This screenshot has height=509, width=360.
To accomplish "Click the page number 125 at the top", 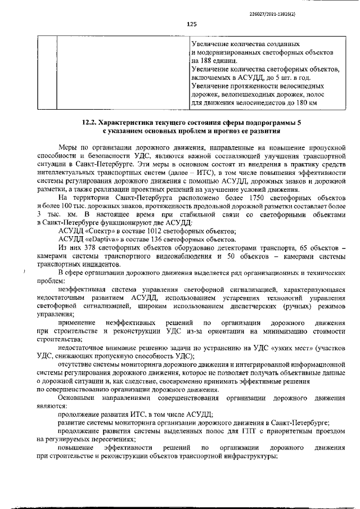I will coord(191,24).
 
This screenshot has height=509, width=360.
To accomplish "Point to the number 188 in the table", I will coord(208,60).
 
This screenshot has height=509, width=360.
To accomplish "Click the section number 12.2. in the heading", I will coord(93,122).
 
